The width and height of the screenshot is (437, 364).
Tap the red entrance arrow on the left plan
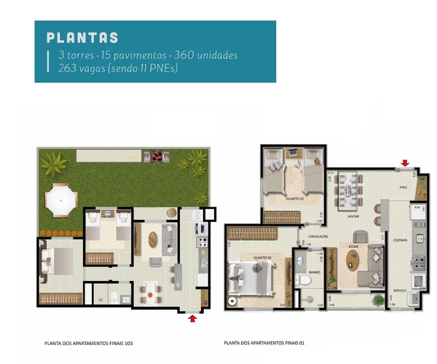192,317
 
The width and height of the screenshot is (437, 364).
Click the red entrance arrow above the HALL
406,163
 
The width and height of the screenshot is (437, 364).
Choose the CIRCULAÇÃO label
319,236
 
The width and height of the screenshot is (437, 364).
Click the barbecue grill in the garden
155,157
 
